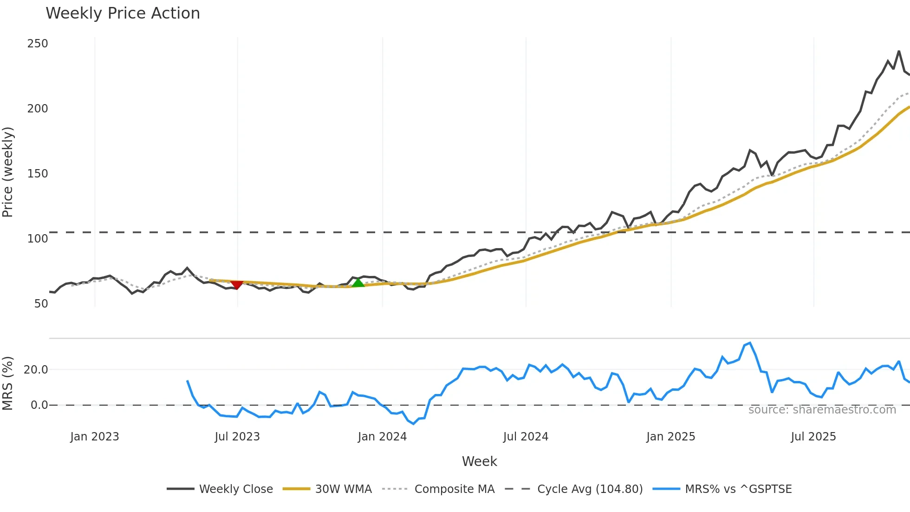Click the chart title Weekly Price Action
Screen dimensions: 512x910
(123, 13)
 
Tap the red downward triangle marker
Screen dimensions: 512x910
(237, 284)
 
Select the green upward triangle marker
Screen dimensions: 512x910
(358, 282)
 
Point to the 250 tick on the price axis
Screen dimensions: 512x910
(38, 44)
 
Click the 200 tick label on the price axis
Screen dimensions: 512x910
(38, 109)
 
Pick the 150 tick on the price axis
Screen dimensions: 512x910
(38, 174)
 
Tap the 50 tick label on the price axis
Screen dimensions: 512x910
(41, 304)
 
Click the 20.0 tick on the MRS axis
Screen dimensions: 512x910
(36, 370)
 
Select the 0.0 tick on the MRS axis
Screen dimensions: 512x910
(39, 405)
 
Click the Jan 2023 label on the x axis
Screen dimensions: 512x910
(95, 437)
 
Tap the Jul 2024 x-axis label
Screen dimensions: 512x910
(526, 437)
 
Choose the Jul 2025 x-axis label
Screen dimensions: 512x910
(813, 437)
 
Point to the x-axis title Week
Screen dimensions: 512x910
(479, 461)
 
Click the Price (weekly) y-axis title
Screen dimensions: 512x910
(7, 172)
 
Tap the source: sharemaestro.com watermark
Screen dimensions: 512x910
(822, 410)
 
